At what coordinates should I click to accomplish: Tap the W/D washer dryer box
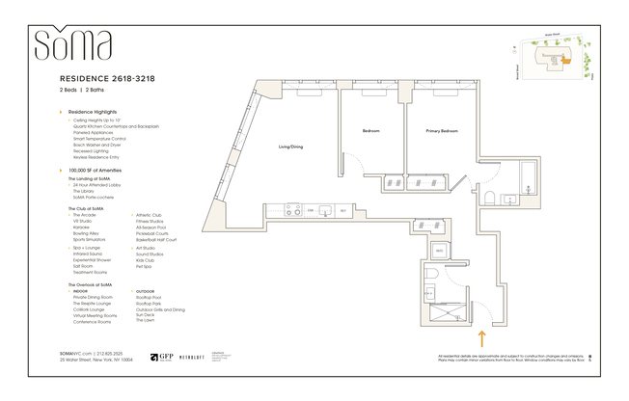coord(439,250)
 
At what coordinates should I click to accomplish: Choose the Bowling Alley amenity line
coord(85,232)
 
